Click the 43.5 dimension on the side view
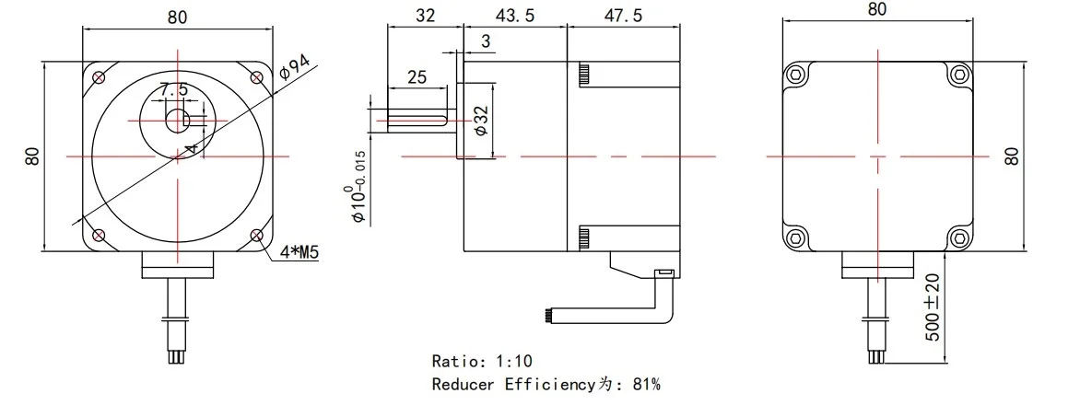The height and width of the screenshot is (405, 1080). (x=514, y=16)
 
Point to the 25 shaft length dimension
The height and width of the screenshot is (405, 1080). (x=417, y=77)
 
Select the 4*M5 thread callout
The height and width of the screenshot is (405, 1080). (x=297, y=252)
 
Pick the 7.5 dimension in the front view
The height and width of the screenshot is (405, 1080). (x=173, y=90)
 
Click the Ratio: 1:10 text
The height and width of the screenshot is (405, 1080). (x=482, y=361)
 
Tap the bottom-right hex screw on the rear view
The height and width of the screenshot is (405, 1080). (x=960, y=238)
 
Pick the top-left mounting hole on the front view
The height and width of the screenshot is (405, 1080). (x=98, y=76)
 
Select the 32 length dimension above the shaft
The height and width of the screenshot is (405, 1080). (x=425, y=16)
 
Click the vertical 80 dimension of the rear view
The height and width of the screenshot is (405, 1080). (x=1014, y=155)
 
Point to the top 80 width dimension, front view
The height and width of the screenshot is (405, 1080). (x=178, y=16)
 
